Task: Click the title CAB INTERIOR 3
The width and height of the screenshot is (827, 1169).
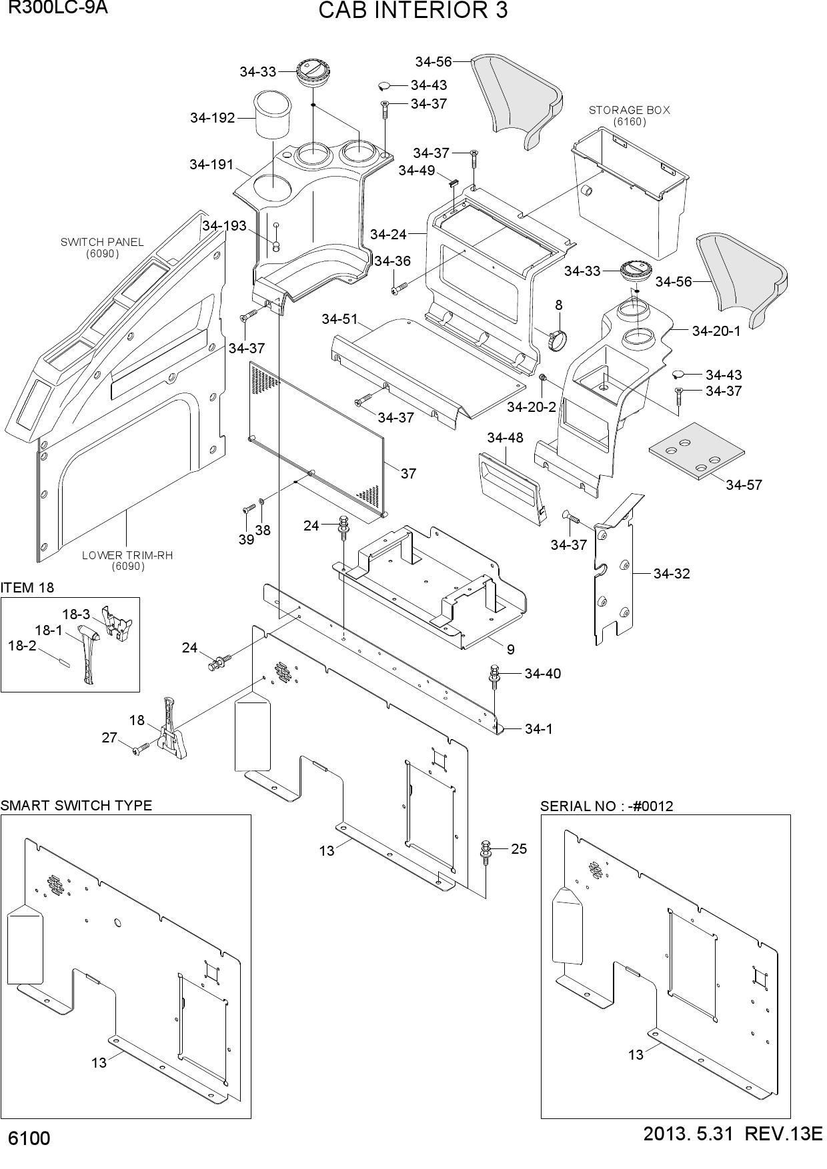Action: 413,11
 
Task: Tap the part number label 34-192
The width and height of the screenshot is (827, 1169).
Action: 213,118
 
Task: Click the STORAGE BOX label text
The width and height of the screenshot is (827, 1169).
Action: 629,110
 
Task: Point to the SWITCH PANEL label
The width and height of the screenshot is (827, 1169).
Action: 102,242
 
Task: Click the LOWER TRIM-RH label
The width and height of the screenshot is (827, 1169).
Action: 127,555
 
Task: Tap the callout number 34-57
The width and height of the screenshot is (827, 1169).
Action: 744,485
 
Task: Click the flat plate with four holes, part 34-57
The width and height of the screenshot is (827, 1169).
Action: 696,451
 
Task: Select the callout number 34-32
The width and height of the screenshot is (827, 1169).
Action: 672,574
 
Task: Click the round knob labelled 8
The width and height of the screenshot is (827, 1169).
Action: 558,339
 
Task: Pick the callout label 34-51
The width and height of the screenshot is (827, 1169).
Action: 340,319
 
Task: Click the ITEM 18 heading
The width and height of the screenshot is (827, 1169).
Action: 27,588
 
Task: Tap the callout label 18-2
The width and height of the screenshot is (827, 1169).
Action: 22,645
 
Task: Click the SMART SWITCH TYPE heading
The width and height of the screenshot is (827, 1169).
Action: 76,805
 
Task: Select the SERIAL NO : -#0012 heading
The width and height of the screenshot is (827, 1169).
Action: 607,806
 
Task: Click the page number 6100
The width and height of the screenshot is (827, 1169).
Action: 29,1156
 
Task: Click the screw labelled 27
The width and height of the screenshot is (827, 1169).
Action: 141,750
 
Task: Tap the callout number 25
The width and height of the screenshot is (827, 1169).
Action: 519,849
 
